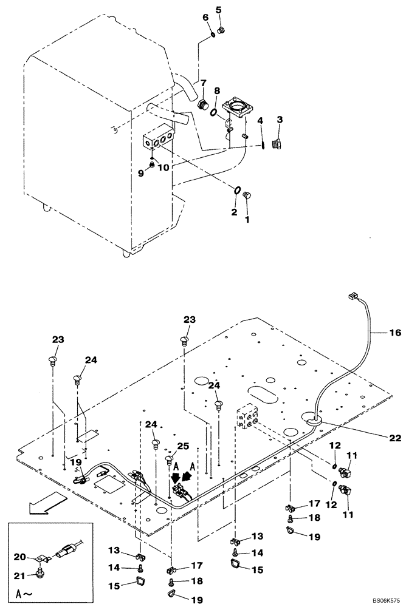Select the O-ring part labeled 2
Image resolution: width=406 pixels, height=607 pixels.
click(236, 192)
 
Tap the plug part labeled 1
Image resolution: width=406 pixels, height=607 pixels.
click(247, 195)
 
